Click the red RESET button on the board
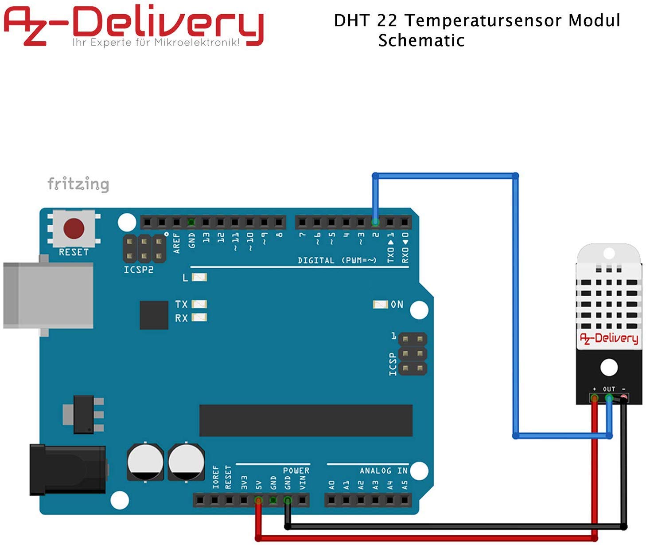coord(74,228)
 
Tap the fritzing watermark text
coord(78,184)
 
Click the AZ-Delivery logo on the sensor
coord(609,338)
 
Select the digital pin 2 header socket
coord(375,222)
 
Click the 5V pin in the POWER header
coord(258,501)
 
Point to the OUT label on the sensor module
coord(609,389)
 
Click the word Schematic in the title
coord(421,40)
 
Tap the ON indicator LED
coord(380,304)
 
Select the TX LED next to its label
coord(199,304)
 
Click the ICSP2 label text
coord(138,270)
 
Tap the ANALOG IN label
coord(383,471)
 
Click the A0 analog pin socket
coord(332,501)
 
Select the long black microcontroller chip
coord(306,420)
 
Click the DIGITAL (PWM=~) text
coord(337,260)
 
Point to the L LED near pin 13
coord(199,278)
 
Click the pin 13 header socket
coord(206,222)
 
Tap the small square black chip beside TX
coord(154,315)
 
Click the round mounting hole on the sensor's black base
coord(609,367)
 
